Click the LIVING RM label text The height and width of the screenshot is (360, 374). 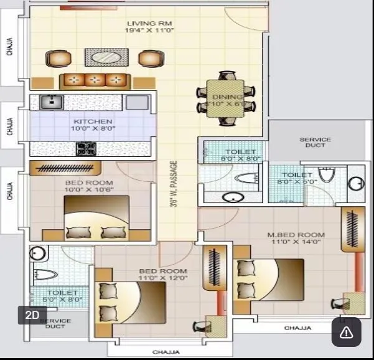[x=145, y=24]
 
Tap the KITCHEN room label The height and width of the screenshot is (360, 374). [x=93, y=121]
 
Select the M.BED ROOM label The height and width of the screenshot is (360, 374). [x=296, y=235]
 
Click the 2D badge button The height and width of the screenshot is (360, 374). [x=32, y=315]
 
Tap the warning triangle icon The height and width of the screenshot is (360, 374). [x=346, y=333]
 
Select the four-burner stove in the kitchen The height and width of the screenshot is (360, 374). [x=85, y=149]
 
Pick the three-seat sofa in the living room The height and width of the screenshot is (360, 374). [x=95, y=80]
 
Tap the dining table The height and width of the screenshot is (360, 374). [x=227, y=98]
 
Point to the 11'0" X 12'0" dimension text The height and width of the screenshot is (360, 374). [x=162, y=278]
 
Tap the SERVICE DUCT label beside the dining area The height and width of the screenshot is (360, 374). [x=316, y=142]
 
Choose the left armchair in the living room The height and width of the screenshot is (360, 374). [x=57, y=59]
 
